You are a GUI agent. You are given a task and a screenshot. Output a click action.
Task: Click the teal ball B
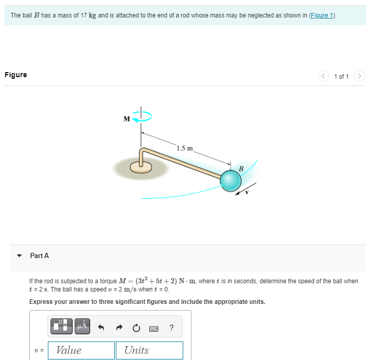tap(231, 180)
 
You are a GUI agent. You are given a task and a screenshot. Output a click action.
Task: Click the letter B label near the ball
tap(240, 168)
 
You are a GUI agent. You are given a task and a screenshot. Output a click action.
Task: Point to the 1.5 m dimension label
tap(184, 149)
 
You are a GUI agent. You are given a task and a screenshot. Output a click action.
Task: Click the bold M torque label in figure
tap(127, 119)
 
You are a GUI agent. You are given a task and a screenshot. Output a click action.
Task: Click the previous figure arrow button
tap(324, 76)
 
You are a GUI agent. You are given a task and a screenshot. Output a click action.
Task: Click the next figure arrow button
tap(360, 76)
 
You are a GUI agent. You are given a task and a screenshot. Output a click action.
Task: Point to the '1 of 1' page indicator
tap(341, 77)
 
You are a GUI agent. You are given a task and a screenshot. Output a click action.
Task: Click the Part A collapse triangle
tap(20, 255)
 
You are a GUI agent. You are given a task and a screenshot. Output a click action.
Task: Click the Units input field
tap(149, 350)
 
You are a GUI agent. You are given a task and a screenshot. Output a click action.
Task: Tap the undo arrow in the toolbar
tap(101, 327)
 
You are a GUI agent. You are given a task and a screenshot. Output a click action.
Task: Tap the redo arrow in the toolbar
tap(119, 327)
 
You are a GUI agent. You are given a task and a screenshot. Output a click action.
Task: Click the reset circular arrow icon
tap(136, 327)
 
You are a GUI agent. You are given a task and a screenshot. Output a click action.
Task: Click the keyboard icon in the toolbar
tap(154, 327)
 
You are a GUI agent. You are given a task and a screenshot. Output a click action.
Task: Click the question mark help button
tap(171, 327)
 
